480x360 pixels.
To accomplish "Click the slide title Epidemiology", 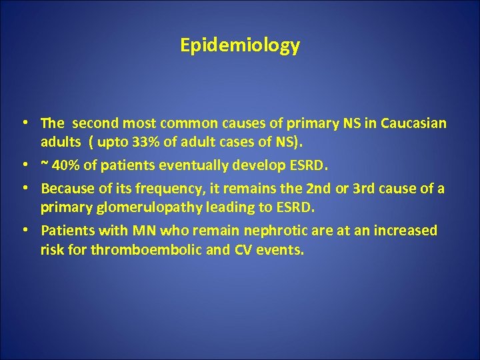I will pos(240,45).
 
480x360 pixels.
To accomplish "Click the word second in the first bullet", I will pos(93,123).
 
